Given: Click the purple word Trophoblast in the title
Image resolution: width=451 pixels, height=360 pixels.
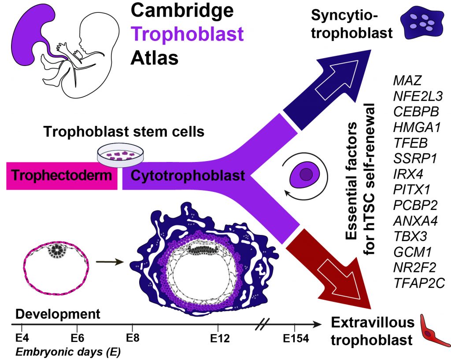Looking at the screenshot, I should click(188, 33).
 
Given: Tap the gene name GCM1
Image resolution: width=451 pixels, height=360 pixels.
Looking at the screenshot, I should click(412, 253).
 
